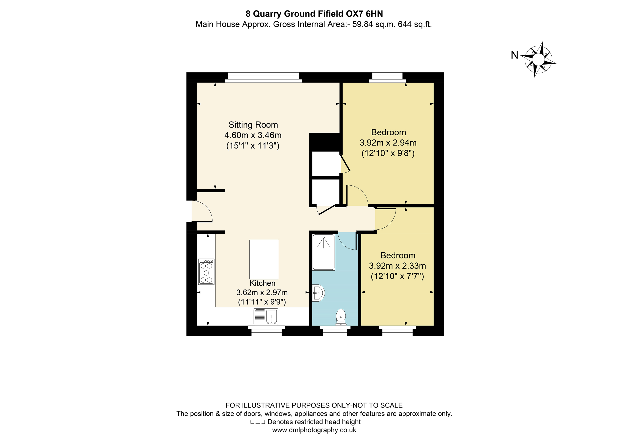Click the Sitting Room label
pyautogui.click(x=253, y=125)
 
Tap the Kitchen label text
pyautogui.click(x=262, y=283)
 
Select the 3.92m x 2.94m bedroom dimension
pyautogui.click(x=388, y=143)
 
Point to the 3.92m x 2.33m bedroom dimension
pyautogui.click(x=397, y=266)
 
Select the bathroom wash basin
pyautogui.click(x=318, y=293)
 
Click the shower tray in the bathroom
pyautogui.click(x=323, y=252)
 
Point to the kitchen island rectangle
pyautogui.click(x=263, y=259)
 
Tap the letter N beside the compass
pyautogui.click(x=514, y=55)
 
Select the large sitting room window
pyautogui.click(x=263, y=77)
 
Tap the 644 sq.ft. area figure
pyautogui.click(x=415, y=24)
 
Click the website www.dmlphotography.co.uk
pyautogui.click(x=314, y=430)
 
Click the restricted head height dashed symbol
pyautogui.click(x=257, y=422)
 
